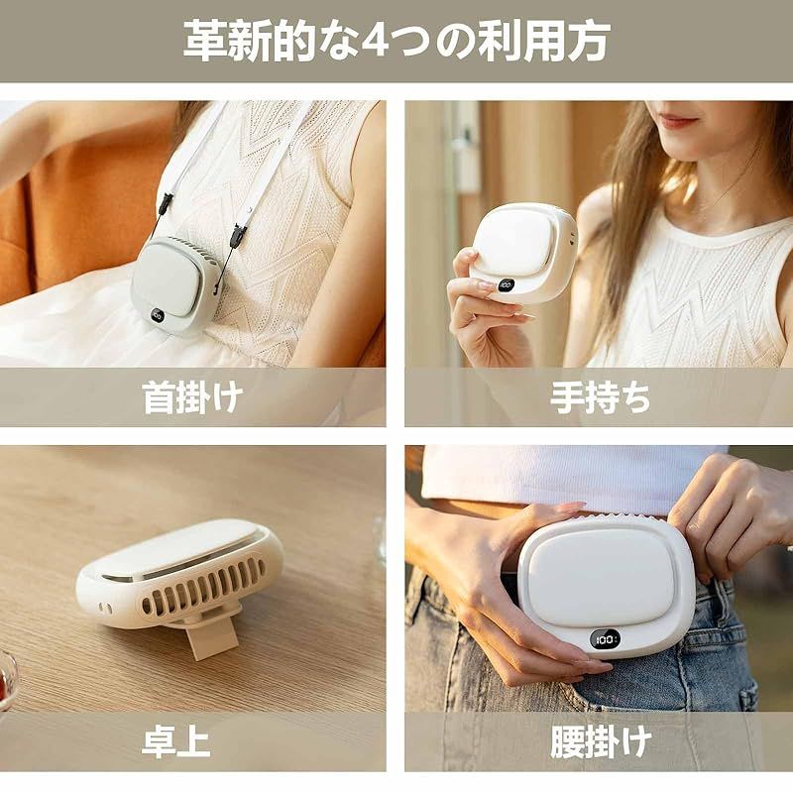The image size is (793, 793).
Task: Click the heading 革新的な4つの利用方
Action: click(396, 41)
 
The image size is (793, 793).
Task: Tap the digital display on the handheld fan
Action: click(506, 284)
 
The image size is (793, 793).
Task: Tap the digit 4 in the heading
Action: click(377, 41)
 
